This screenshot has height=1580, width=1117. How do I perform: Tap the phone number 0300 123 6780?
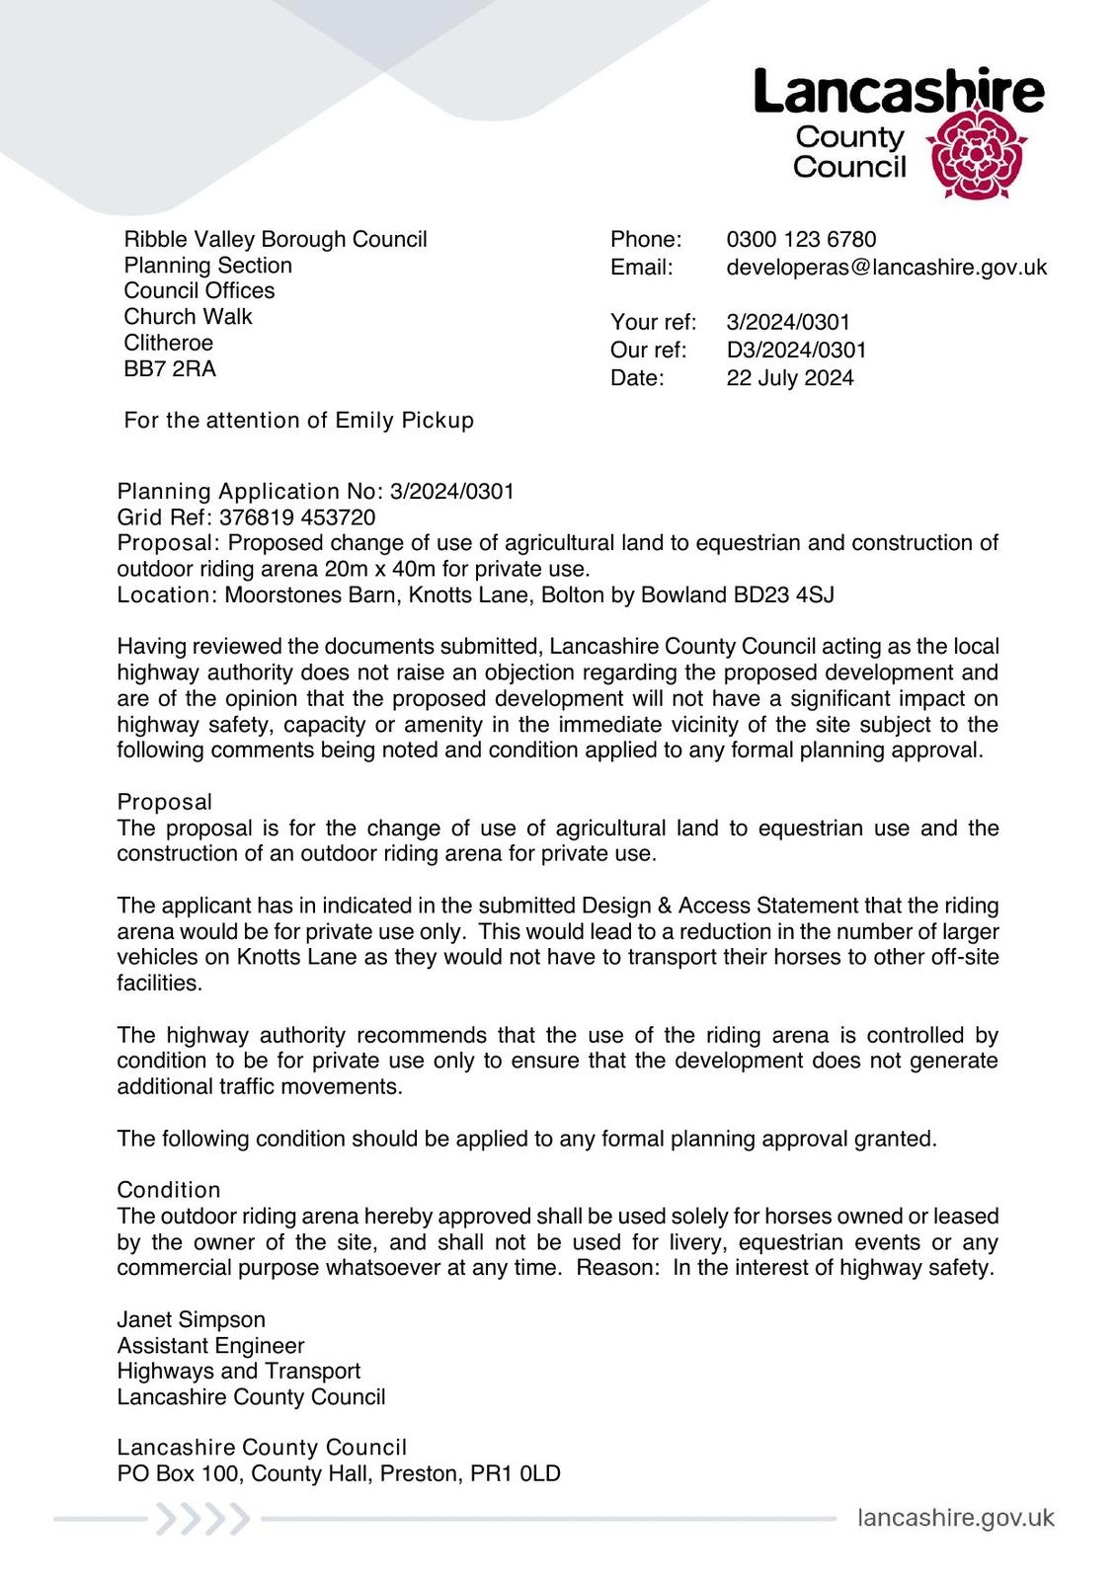coord(801,239)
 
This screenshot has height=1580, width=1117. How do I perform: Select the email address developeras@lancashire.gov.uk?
coord(886,267)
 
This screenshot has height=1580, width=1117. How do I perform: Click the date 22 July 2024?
coord(789,377)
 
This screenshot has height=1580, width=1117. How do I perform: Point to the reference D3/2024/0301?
coord(796,350)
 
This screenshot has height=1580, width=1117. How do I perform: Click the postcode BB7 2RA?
coord(170,368)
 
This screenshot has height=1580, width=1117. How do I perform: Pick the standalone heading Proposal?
coord(164,801)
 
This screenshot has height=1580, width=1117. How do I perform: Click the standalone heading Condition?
coord(168,1189)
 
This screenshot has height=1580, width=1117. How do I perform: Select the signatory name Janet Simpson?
coord(191,1319)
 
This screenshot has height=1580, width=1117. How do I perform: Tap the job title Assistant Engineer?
coord(210,1345)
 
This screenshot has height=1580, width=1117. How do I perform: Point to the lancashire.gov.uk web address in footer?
coord(955,1518)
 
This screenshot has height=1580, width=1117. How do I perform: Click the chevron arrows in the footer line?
coord(202,1519)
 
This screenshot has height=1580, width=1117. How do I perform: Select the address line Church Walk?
coord(188,316)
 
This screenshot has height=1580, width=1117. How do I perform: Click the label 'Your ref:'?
coord(653,322)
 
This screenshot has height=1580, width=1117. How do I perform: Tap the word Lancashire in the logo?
coord(898,92)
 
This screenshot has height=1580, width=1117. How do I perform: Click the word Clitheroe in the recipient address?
coord(168,343)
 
